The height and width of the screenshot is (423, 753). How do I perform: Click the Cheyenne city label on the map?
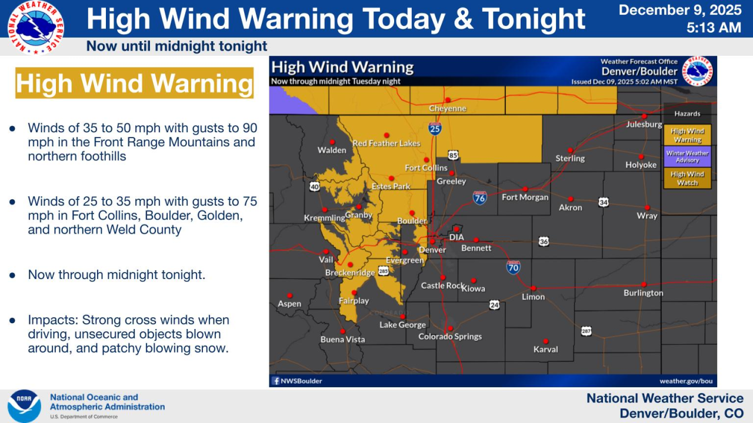click(x=447, y=109)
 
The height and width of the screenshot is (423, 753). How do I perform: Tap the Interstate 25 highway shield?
click(x=434, y=129)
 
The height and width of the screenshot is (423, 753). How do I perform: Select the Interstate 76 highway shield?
click(x=479, y=197)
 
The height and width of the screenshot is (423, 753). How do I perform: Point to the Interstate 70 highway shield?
click(x=513, y=268)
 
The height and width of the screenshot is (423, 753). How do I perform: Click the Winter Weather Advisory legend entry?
click(x=687, y=157)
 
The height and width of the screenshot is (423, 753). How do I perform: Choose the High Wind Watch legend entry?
click(x=687, y=178)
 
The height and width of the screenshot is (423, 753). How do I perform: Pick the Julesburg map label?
click(x=644, y=125)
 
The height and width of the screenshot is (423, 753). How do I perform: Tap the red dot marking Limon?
click(x=533, y=288)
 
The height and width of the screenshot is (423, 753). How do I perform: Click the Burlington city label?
click(x=643, y=293)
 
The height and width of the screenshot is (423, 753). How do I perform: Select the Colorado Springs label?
click(x=450, y=337)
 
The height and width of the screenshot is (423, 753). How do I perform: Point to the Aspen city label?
click(x=289, y=304)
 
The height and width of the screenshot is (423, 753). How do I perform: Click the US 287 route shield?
click(x=586, y=331)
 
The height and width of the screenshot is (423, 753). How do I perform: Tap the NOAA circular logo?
click(x=24, y=406)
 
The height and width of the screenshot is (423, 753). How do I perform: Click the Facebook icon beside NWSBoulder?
click(x=275, y=381)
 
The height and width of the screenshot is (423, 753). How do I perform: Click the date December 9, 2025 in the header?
click(x=679, y=10)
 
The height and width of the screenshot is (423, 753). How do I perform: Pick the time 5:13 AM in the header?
click(x=714, y=27)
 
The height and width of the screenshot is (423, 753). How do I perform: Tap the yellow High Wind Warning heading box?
click(x=134, y=83)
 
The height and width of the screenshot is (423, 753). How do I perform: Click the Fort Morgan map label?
click(x=525, y=197)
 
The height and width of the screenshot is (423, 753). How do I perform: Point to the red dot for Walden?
click(x=332, y=142)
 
